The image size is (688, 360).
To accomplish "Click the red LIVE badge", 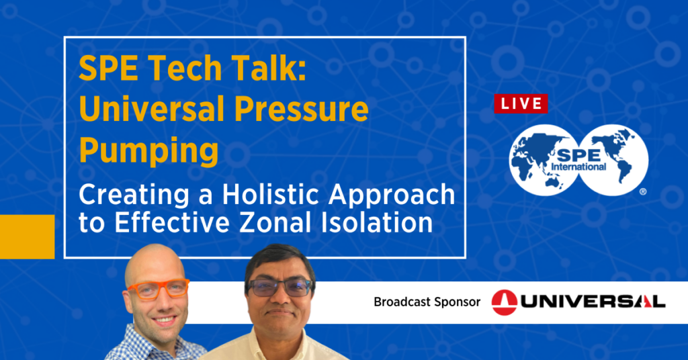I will tap(521, 103).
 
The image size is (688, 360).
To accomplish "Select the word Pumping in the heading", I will tap(148, 151).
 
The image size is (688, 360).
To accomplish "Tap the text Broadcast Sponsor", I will tap(427, 302).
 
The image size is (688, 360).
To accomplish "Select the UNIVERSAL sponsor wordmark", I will tap(592, 302).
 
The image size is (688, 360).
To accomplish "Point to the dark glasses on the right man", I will tap(279, 287).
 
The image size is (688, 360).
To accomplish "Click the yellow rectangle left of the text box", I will tap(27, 237).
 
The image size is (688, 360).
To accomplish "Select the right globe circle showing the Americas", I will tap(613, 160).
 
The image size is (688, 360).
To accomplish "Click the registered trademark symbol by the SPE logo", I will tap(643, 191).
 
